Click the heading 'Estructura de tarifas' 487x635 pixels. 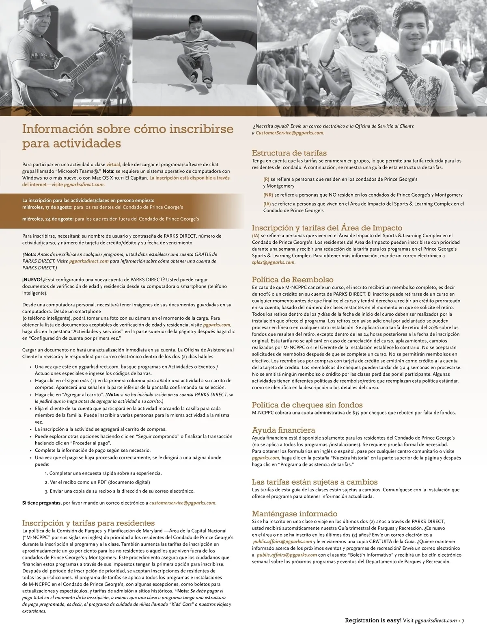click(x=289, y=153)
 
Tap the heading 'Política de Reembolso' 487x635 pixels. click(x=293, y=280)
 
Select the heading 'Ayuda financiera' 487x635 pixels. click(x=283, y=430)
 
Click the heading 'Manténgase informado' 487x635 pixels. click(x=295, y=514)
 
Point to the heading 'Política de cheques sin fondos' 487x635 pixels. click(x=307, y=405)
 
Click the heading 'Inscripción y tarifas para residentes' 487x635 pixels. click(x=88, y=523)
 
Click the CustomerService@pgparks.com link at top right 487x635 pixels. click(x=289, y=133)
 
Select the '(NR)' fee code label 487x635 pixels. click(x=268, y=195)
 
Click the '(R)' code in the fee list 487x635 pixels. click(x=266, y=179)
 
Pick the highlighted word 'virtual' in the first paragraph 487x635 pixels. click(x=113, y=165)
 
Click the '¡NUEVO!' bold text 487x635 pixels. click(x=32, y=280)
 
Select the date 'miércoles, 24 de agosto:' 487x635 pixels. click(x=48, y=219)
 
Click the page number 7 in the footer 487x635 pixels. click(x=463, y=620)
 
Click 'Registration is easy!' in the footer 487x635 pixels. click(x=373, y=620)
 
